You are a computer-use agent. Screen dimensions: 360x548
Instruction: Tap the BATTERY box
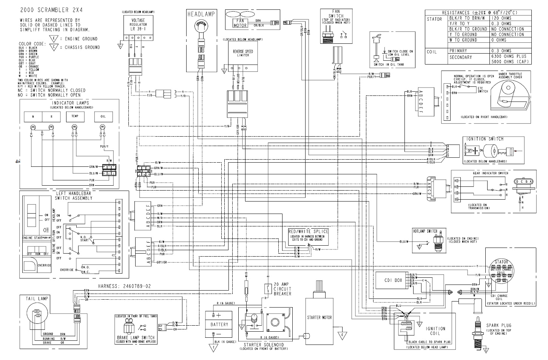tap(219, 324)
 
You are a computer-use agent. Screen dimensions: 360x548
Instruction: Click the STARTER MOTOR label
tap(319, 317)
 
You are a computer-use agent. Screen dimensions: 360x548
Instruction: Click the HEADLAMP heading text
tap(201, 14)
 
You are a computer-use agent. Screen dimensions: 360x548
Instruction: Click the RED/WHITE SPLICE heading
tap(308, 231)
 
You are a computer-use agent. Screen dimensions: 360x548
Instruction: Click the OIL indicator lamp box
tap(103, 117)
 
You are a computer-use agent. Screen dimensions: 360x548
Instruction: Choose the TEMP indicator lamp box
tap(75, 117)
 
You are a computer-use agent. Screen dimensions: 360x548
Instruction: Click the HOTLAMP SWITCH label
tap(425, 231)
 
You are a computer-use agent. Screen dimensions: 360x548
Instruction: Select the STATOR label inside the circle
tap(501, 261)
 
